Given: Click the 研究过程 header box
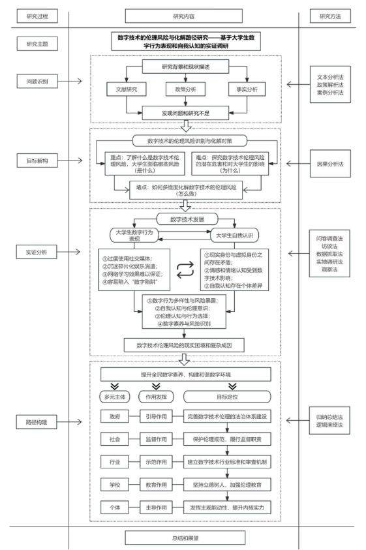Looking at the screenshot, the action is coord(37,16).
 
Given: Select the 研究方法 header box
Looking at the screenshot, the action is coord(330,16).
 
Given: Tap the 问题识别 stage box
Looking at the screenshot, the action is coord(37,82).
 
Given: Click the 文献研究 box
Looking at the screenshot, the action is coord(127,89).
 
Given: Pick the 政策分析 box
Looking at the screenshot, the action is coord(186,89).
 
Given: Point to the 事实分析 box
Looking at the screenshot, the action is coord(247,89).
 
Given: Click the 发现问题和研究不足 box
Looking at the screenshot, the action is coord(186,113).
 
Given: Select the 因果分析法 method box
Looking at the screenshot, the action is coord(330,164).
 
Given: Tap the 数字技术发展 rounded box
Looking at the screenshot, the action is coord(187,219).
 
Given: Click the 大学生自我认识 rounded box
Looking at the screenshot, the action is coord(234,236).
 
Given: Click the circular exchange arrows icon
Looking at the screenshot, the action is coord(185,269).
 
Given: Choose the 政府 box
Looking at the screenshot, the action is coord(115,416).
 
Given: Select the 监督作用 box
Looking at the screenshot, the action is coord(156,439).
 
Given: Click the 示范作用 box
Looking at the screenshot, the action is coord(156,462).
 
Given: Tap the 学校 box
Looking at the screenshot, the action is coord(115,485).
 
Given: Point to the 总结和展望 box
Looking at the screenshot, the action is coord(185,538).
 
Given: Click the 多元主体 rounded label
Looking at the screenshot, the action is coord(115,397).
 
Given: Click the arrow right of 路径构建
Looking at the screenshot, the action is coord(70,421).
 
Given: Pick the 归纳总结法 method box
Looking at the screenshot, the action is coord(329,421).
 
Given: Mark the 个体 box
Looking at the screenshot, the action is coord(115,507).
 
